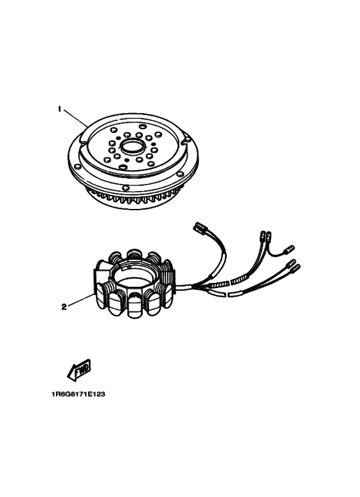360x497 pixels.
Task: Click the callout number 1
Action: [x=59, y=109]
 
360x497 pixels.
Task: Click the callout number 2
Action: [x=64, y=307]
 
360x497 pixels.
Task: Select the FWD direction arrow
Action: [x=79, y=370]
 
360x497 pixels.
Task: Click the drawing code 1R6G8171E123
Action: [x=78, y=394]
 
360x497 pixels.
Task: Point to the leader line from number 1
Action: [x=75, y=118]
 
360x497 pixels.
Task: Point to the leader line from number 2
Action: [x=81, y=300]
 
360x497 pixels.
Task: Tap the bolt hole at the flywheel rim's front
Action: [x=125, y=188]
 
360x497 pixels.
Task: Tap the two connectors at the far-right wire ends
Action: [x=294, y=267]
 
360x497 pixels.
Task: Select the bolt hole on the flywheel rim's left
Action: [x=76, y=166]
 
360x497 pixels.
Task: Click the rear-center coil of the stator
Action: [x=133, y=253]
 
